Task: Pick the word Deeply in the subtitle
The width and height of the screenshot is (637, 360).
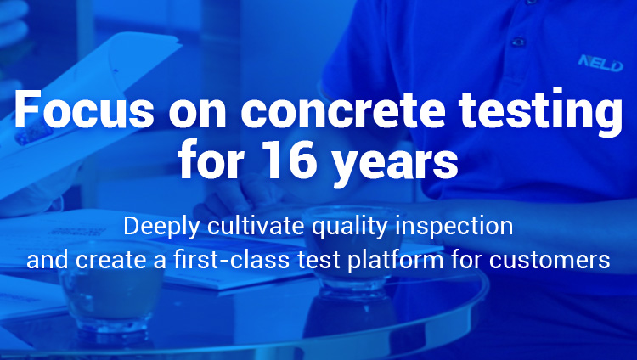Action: coord(161,227)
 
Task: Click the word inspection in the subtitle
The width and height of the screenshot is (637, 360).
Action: coord(454,227)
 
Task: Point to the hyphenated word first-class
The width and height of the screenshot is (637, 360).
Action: coord(231,259)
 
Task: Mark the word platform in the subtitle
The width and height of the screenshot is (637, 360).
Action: coord(395,260)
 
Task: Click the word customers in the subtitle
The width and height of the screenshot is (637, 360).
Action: coord(550,261)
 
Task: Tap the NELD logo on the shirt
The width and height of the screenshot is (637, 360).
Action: coord(600,64)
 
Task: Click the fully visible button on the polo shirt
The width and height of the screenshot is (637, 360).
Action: coord(519,42)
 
